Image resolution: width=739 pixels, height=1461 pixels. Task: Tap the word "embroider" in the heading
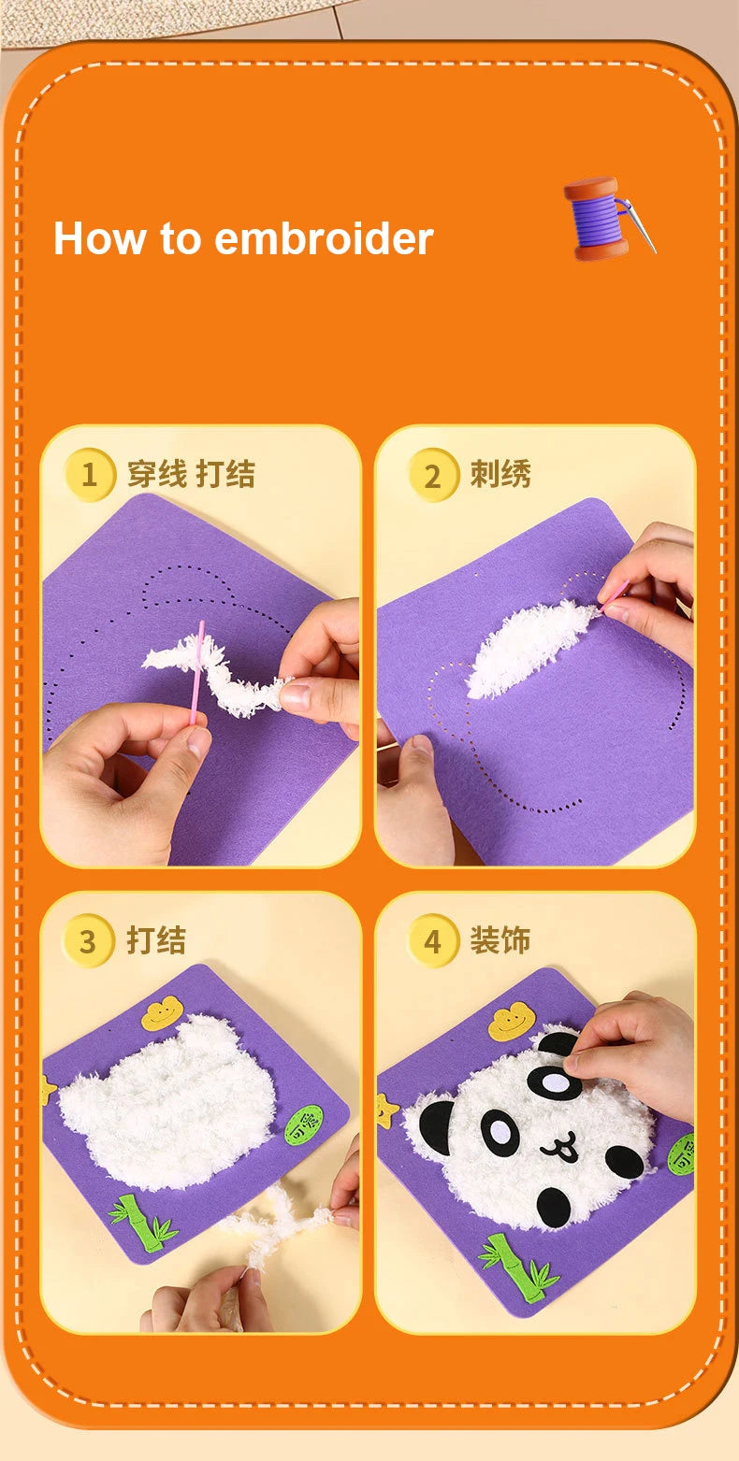click(324, 239)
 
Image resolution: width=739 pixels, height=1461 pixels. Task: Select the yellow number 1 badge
click(89, 475)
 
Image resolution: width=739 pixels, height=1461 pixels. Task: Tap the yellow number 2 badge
click(432, 475)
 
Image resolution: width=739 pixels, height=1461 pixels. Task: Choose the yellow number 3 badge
click(88, 941)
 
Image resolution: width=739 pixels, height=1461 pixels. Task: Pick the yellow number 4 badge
click(432, 941)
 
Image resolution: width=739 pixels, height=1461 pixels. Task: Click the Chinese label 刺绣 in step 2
click(500, 475)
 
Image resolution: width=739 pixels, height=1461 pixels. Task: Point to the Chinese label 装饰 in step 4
click(500, 941)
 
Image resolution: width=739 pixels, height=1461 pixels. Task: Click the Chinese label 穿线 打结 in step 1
click(191, 475)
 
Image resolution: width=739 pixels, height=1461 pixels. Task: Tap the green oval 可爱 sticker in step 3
click(303, 1124)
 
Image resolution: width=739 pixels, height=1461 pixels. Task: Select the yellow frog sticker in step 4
click(510, 1022)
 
